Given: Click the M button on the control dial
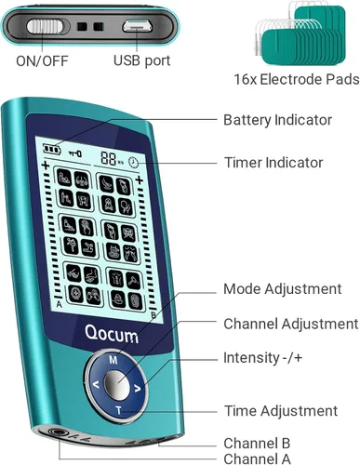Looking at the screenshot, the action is (113, 360).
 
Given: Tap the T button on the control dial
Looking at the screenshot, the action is (118, 411).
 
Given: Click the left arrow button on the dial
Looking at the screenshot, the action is (96, 385).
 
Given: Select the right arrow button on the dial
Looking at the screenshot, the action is (138, 388).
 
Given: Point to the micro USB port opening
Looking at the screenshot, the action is (138, 27).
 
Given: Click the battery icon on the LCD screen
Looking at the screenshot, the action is (51, 149).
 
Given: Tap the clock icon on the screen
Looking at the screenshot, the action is (134, 163).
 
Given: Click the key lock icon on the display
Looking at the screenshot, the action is (75, 153).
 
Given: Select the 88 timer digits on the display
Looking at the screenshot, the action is (109, 158).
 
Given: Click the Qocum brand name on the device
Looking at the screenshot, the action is (112, 334).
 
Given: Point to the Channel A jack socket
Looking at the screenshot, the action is (56, 432).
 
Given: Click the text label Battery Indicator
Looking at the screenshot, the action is (277, 120).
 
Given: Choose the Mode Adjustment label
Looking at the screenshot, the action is (282, 289).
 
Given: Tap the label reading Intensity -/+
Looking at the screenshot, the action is (262, 358).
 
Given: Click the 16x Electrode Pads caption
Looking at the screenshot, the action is (297, 79).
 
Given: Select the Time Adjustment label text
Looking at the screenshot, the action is (281, 411).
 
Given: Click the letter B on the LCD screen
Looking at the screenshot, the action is (153, 315).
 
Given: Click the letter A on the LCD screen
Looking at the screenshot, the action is (59, 305).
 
